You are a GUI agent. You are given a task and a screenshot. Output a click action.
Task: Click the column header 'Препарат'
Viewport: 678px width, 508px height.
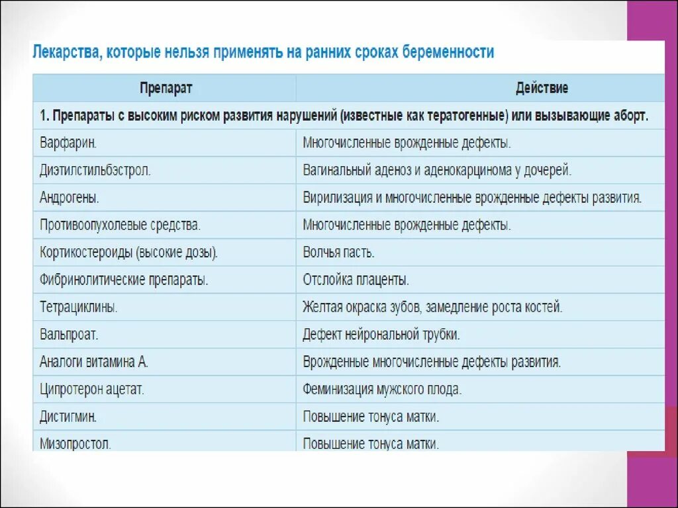pos(166,88)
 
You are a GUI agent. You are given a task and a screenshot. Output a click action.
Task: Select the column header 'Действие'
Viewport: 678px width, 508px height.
pos(542,88)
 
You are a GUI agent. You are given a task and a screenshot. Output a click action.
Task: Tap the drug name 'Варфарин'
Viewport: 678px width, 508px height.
pos(69,142)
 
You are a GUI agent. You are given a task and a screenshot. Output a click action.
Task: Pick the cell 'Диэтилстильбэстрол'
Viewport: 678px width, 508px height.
pos(95,170)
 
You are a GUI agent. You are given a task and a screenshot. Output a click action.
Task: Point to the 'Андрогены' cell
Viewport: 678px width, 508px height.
pos(70,197)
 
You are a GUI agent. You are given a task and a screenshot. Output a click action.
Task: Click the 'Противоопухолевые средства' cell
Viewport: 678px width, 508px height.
pos(120,225)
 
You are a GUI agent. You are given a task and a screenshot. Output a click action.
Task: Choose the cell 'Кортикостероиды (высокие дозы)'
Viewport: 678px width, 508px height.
pos(128,252)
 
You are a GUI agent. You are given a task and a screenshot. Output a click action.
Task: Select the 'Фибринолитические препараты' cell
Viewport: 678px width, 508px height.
pos(124,280)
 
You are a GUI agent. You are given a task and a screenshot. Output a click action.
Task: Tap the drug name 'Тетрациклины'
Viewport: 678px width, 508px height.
pos(78,307)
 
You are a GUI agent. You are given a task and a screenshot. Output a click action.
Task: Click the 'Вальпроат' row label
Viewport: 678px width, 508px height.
pos(69,334)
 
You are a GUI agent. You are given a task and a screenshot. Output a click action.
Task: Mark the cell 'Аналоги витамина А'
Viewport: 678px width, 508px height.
pos(93,362)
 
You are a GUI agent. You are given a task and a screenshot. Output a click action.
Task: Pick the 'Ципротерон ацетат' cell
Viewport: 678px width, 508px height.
pos(92,389)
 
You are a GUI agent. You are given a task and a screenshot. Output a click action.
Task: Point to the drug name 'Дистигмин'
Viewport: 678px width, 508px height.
pos(69,417)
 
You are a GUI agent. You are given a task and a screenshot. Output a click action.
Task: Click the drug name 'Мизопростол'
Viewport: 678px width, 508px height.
pos(75,443)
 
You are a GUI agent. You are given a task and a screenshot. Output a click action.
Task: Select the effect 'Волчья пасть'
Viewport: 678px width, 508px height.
pos(339,252)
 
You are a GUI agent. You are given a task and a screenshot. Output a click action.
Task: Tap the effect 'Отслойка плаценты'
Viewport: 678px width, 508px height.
pos(356,280)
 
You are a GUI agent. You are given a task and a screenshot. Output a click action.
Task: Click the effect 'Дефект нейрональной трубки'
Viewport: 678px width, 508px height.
pos(381,334)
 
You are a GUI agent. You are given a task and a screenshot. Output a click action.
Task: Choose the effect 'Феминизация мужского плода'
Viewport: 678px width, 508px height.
pos(382,389)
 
